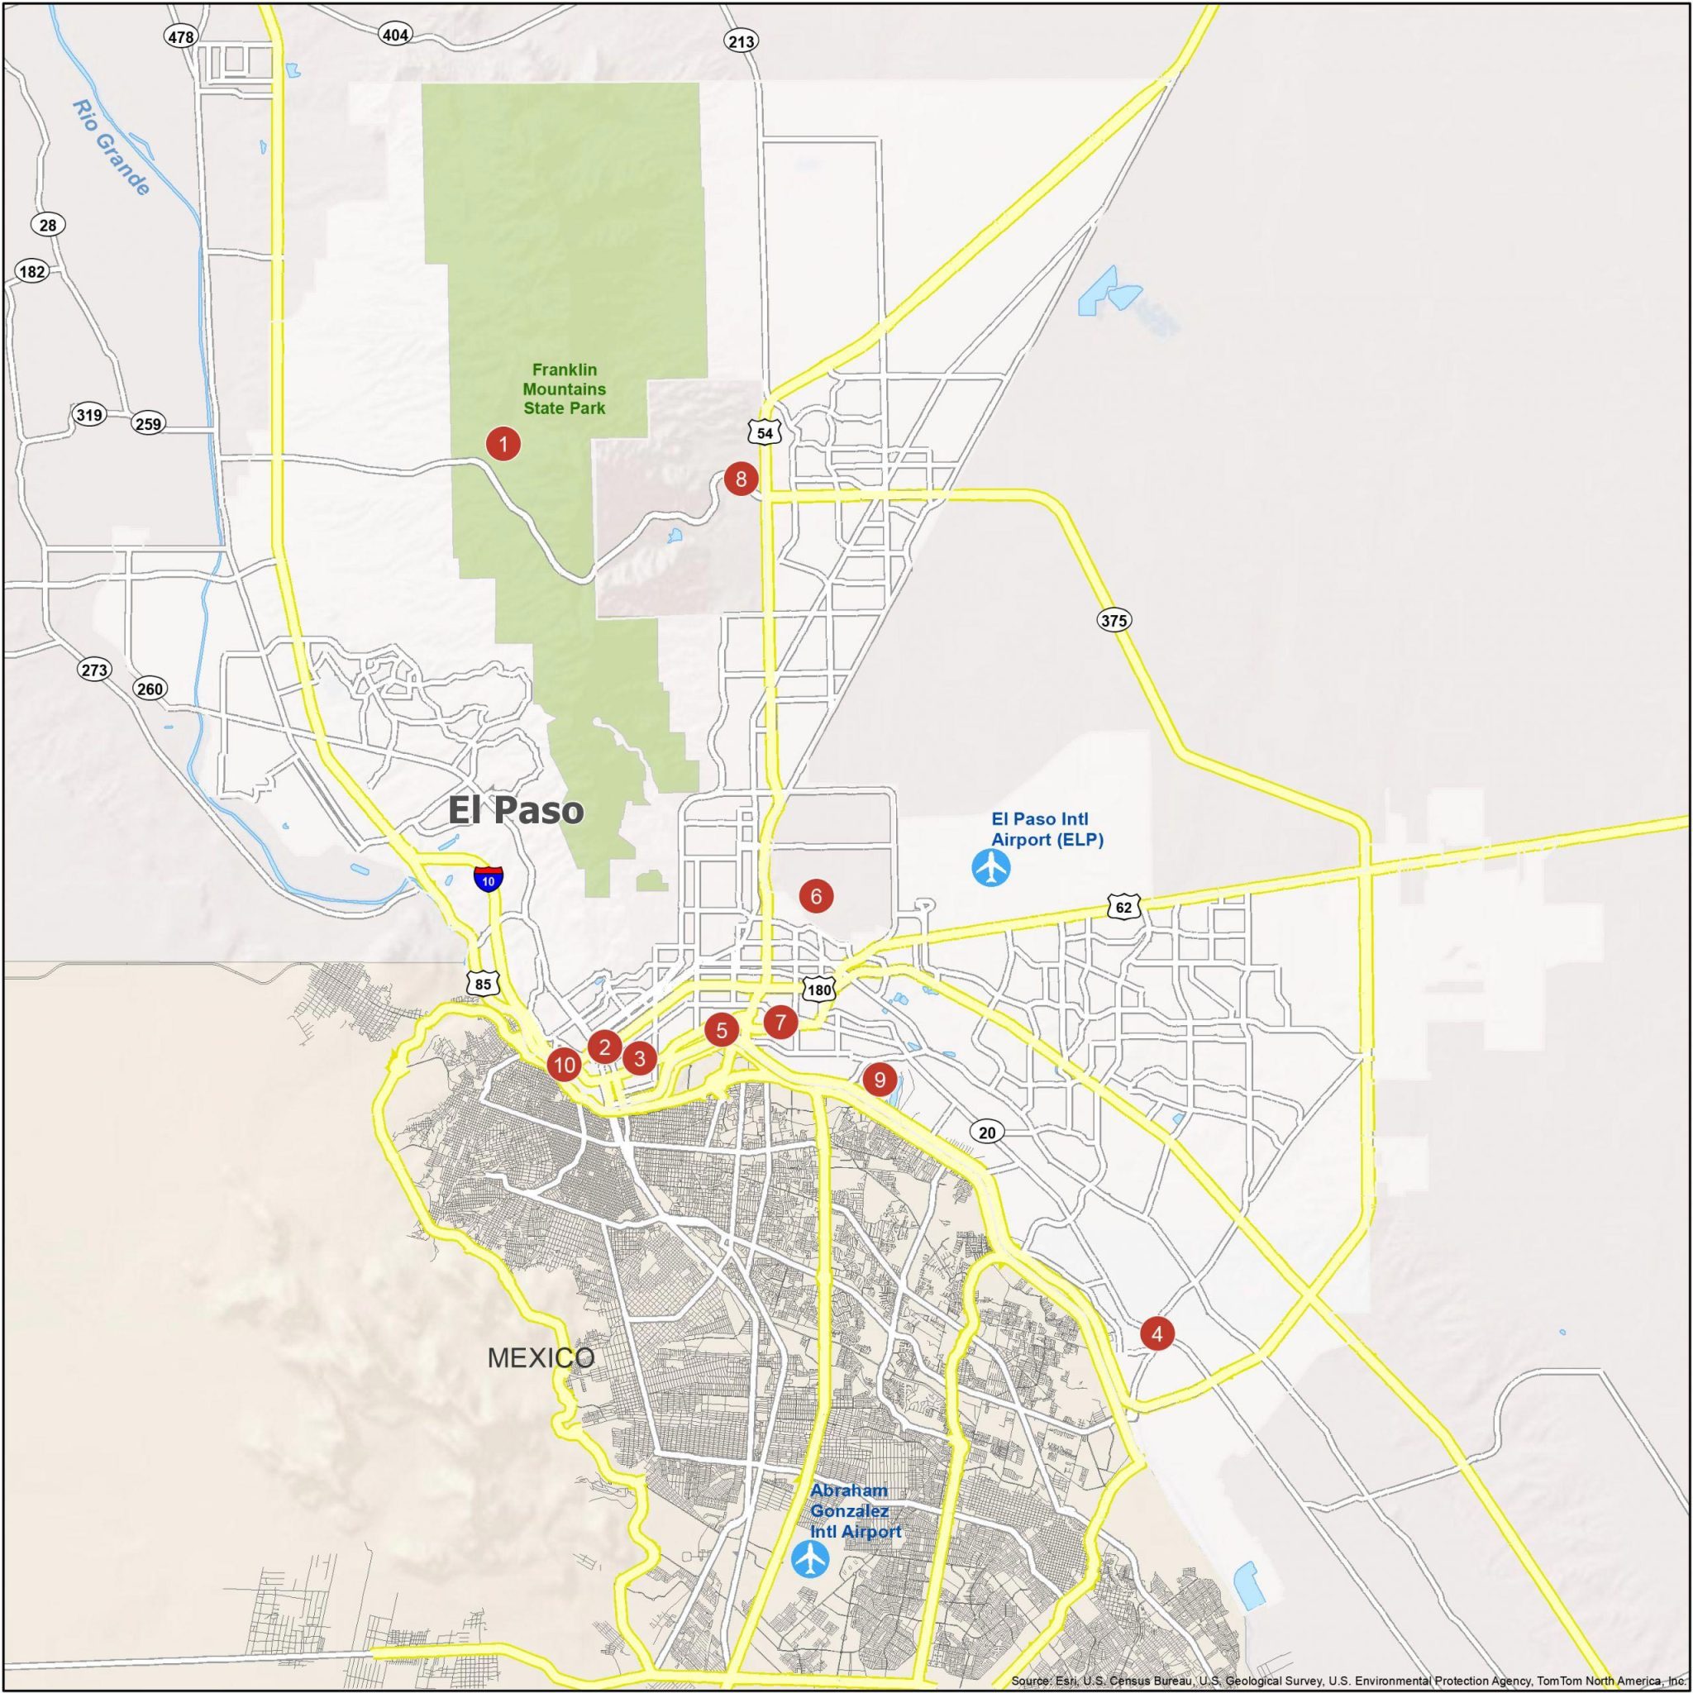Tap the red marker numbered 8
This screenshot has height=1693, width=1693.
coord(741,479)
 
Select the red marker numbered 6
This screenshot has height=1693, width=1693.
coord(816,895)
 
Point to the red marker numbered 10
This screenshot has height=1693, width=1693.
coord(565,1065)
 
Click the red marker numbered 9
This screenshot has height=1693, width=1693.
coord(879,1078)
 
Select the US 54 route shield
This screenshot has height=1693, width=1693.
coord(765,433)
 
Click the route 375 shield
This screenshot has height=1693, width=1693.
coord(1114,621)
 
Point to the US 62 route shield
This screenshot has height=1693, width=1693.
coord(1123,907)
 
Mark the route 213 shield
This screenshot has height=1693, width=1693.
coord(741,41)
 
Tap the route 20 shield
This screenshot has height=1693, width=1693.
coord(987,1133)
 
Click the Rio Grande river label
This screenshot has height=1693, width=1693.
coord(112,146)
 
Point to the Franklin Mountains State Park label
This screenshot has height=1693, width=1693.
coord(565,389)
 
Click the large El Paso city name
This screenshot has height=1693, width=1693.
coord(515,811)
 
